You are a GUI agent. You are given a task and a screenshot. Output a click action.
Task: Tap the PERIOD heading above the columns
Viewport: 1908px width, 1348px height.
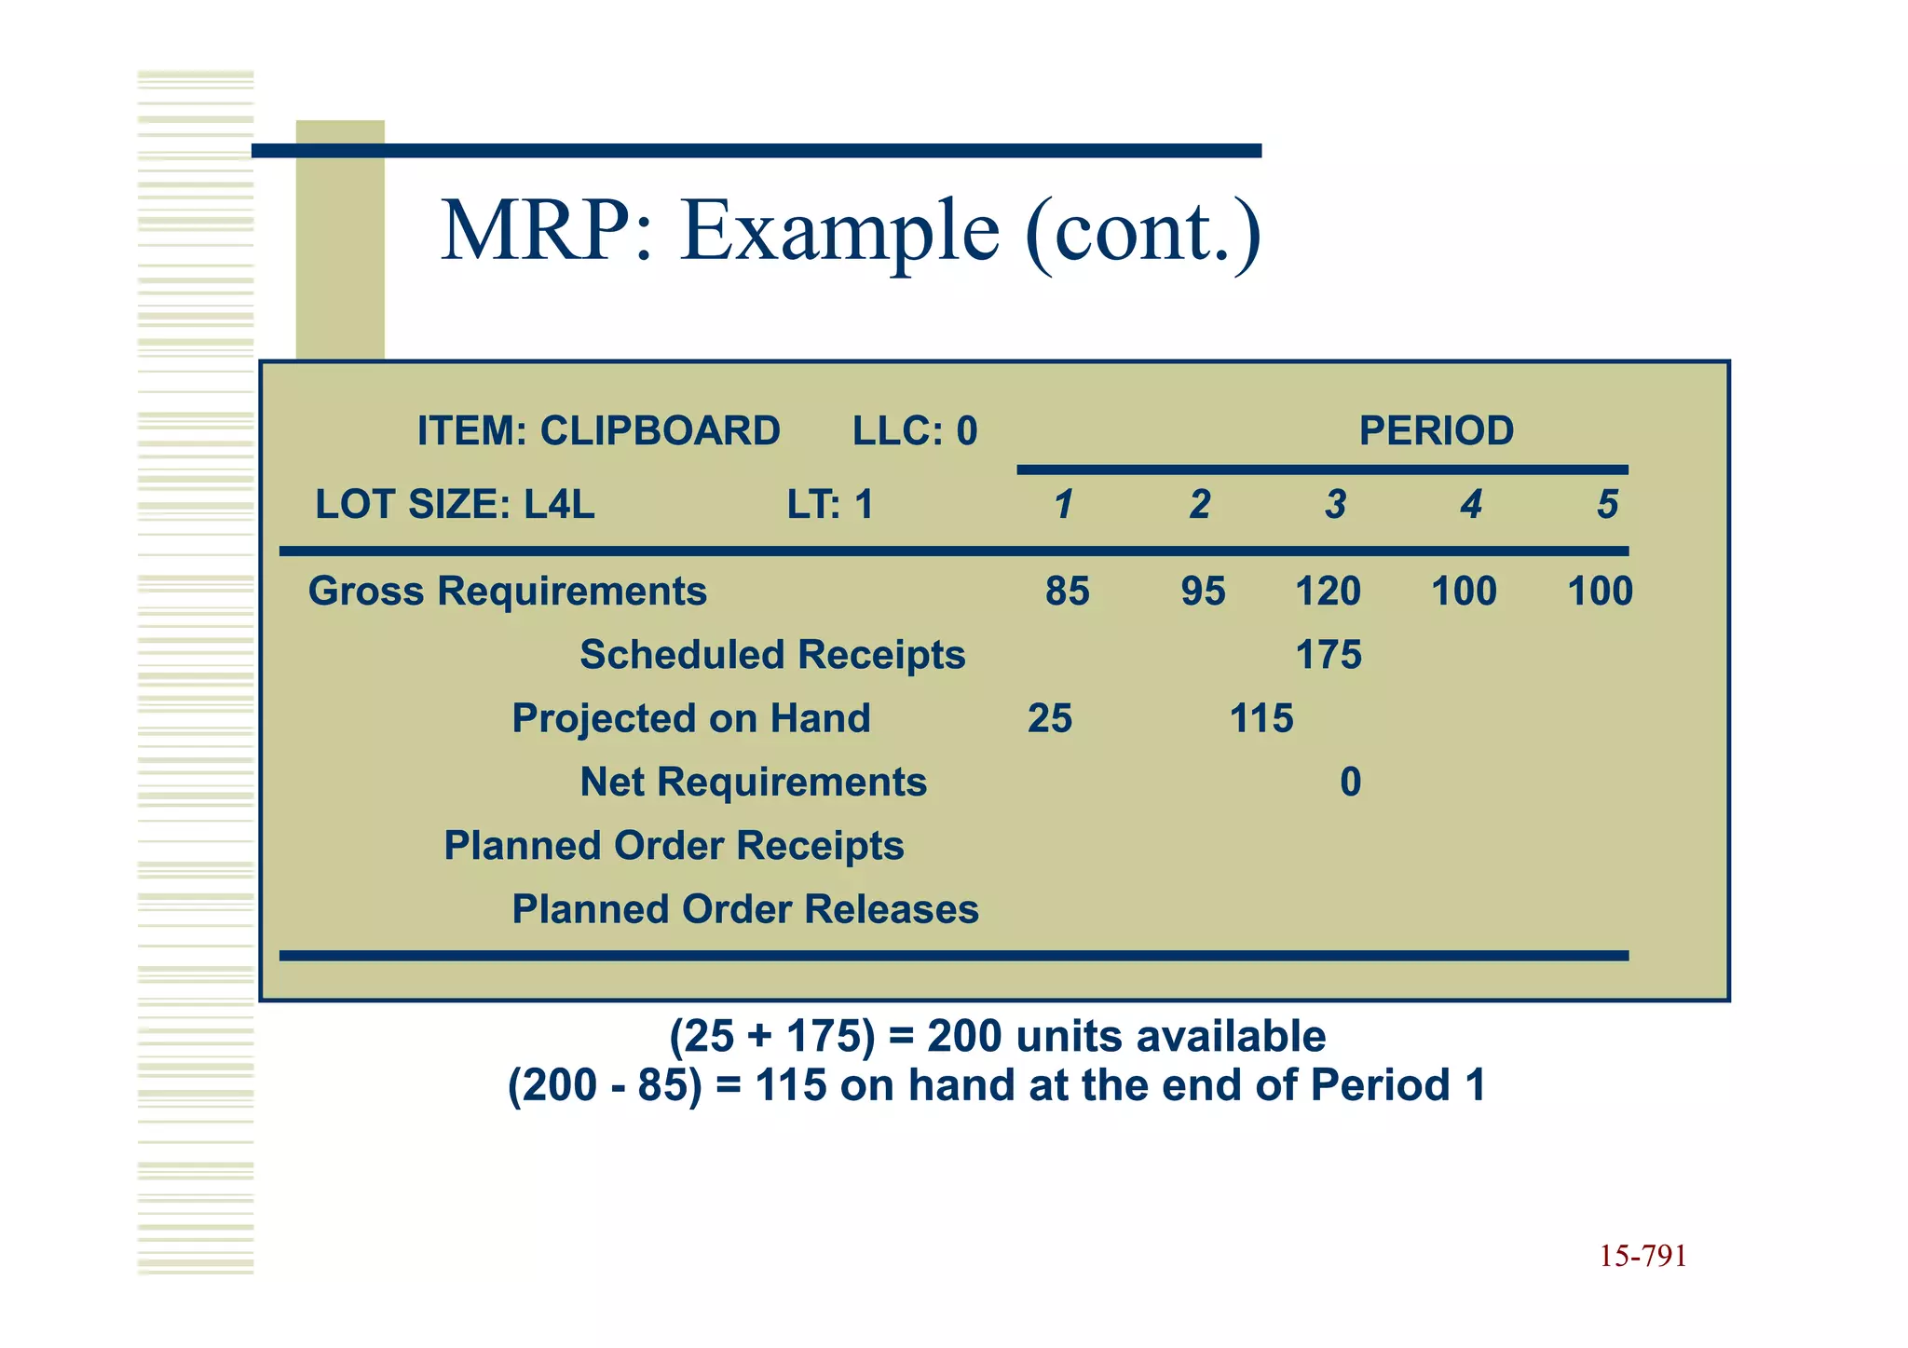pos(1436,431)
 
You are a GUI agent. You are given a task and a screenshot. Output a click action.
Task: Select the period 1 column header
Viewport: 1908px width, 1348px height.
pos(1063,505)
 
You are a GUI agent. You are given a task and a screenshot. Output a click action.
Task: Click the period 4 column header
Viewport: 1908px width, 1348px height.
pos(1471,505)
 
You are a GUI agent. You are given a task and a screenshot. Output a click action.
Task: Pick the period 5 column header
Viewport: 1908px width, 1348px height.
pos(1607,505)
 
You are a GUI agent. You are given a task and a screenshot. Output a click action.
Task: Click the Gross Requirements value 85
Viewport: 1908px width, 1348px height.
pos(1067,592)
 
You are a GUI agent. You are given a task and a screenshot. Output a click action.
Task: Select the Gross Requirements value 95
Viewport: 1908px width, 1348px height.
pos(1203,592)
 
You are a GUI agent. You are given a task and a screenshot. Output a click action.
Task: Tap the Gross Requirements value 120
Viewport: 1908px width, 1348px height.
pos(1328,592)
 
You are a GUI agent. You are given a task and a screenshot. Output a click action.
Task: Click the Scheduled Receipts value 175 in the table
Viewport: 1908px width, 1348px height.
pos(1329,655)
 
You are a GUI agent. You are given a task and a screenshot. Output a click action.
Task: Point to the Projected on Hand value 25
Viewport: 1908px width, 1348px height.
pos(1050,719)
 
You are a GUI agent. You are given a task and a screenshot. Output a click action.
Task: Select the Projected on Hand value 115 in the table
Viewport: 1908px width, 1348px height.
pos(1261,719)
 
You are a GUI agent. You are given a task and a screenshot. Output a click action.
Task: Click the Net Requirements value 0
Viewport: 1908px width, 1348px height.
pos(1350,783)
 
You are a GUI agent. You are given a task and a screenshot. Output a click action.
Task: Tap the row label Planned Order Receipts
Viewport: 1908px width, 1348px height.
pos(674,846)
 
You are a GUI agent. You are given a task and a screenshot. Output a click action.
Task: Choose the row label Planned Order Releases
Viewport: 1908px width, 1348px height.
pos(745,909)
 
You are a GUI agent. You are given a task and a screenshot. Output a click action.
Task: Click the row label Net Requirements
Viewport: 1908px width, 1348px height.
pos(753,783)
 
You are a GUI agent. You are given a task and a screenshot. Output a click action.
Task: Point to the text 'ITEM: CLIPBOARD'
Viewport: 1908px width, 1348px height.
pos(598,431)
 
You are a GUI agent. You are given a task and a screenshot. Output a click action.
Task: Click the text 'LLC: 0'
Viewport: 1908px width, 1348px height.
pos(915,431)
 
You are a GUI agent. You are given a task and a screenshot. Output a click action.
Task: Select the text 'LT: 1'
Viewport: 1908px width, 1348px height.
pos(830,505)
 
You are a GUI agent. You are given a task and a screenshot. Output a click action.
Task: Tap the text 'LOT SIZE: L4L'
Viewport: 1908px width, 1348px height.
pos(455,505)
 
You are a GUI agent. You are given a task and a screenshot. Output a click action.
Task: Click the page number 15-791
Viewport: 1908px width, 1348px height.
pos(1642,1257)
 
